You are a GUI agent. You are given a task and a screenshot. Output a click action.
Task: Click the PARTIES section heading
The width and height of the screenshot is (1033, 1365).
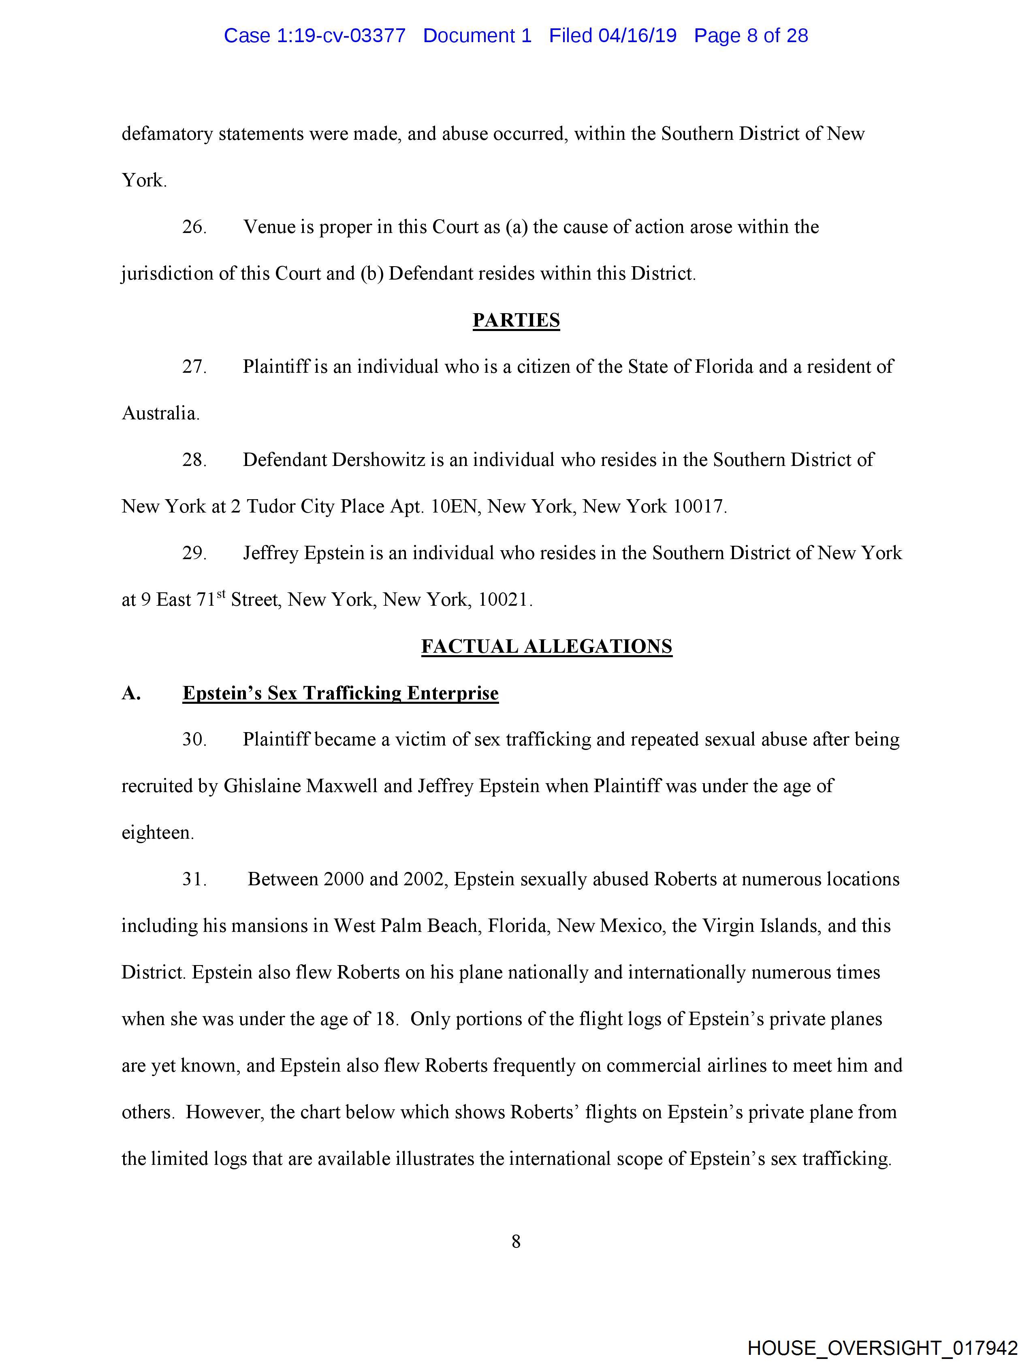click(x=516, y=320)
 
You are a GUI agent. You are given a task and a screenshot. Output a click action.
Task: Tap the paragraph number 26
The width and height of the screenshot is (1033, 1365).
click(x=193, y=227)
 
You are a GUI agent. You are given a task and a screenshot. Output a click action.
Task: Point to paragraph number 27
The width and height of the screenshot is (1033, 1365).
click(x=193, y=367)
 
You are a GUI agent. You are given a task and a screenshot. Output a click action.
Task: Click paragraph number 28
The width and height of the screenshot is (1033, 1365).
click(x=193, y=460)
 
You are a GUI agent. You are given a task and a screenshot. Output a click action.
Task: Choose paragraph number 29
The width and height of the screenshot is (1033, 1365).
click(x=193, y=553)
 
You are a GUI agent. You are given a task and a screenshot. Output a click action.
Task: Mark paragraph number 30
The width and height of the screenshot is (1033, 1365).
click(x=193, y=739)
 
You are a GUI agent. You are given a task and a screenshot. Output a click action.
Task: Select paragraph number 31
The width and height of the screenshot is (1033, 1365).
click(x=193, y=879)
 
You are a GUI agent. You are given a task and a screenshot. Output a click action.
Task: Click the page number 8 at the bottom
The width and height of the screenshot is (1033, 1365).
click(x=516, y=1241)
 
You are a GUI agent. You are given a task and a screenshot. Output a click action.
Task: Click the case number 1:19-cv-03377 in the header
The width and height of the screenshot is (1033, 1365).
click(x=341, y=36)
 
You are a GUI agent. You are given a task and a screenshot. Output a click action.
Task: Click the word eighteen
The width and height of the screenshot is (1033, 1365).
click(x=157, y=833)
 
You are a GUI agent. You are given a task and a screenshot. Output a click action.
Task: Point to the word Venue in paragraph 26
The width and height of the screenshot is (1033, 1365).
click(x=270, y=227)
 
